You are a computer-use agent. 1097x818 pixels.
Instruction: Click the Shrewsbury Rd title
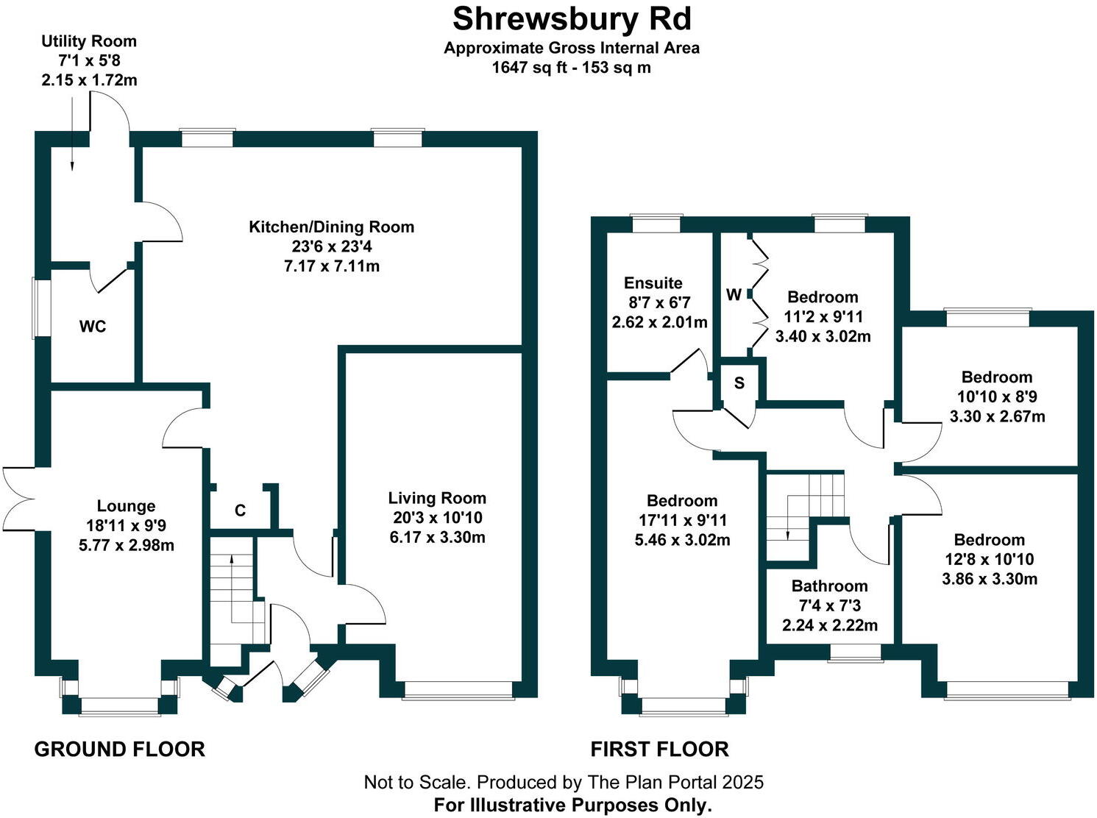click(x=572, y=19)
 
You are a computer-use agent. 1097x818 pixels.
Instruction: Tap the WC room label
click(x=93, y=327)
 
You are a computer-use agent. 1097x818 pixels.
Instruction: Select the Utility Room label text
click(x=88, y=41)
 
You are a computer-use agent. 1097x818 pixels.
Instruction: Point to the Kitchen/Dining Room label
click(x=331, y=227)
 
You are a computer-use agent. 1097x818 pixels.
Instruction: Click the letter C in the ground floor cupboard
click(x=240, y=511)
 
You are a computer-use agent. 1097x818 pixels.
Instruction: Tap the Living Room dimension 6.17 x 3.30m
click(x=437, y=537)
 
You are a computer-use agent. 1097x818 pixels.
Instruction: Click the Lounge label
click(x=126, y=506)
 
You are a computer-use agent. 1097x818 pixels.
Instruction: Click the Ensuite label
click(x=653, y=283)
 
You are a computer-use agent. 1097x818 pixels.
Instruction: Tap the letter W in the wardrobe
click(x=734, y=295)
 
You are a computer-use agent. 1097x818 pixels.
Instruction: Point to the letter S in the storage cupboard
click(x=739, y=383)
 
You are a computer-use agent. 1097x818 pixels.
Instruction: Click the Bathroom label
click(x=829, y=586)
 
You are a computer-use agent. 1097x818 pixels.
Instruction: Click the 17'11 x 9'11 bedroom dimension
click(x=682, y=520)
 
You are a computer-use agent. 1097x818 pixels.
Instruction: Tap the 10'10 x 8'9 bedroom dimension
click(x=997, y=396)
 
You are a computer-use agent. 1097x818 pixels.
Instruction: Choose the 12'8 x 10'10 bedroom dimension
click(x=990, y=559)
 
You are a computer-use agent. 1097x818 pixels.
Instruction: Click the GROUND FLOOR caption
click(x=120, y=750)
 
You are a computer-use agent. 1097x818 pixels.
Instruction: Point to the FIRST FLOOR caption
click(x=659, y=750)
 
